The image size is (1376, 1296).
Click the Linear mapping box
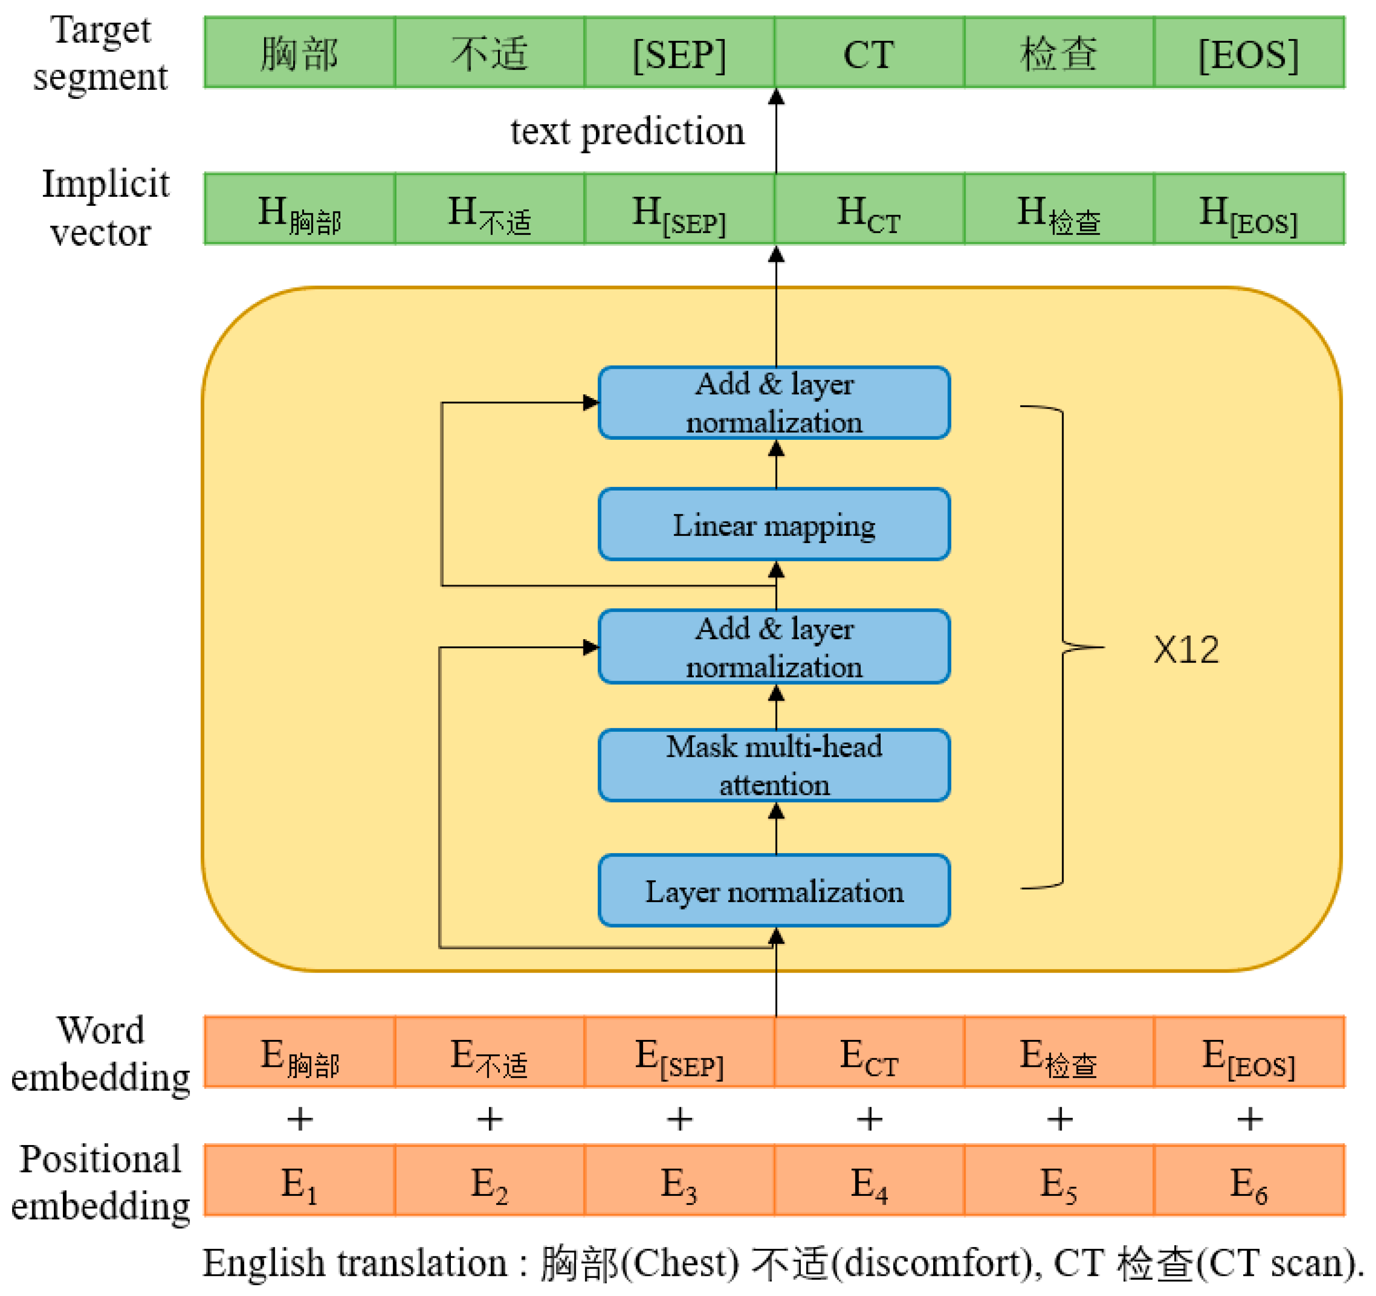pos(774,524)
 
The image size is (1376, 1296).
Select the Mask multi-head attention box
pos(774,765)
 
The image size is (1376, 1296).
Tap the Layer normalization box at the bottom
pos(774,890)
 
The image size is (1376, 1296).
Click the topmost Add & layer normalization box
pos(774,402)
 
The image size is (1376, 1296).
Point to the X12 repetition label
pos(1186,650)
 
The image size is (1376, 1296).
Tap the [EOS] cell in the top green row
pos(1248,53)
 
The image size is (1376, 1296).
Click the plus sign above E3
pos(680,1119)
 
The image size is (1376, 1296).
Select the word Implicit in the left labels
pos(105,184)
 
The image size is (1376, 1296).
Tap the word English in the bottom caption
pos(263,1264)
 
